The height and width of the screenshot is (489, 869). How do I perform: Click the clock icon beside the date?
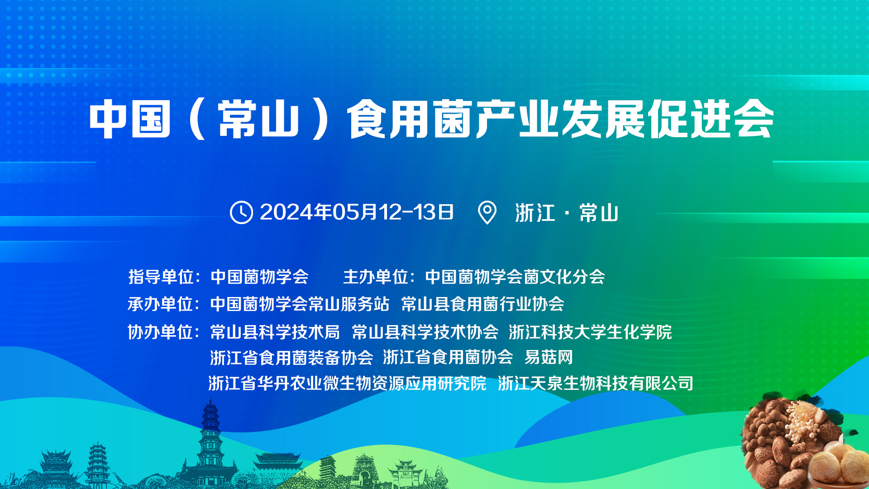point(241,212)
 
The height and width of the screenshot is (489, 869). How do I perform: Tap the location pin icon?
point(487,212)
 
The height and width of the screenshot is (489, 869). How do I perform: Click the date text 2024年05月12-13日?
point(357,212)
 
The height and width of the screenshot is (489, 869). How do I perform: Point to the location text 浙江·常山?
point(567,213)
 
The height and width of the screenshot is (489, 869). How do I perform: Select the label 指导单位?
point(161,277)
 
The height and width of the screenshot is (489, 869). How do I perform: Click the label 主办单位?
point(376,277)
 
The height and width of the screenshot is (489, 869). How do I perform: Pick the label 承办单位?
point(161,304)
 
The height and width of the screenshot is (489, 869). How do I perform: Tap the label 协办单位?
point(161,332)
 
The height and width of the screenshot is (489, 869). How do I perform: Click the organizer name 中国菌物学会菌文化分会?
point(515,277)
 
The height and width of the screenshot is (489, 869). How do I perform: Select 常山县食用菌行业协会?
point(482,304)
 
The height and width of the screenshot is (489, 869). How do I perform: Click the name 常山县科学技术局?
point(275,332)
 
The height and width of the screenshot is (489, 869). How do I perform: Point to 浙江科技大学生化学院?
point(590,332)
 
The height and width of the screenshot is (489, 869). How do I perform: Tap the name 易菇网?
point(549,357)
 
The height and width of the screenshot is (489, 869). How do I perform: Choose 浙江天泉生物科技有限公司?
point(596,383)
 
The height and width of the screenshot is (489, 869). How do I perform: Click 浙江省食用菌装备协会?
point(291,357)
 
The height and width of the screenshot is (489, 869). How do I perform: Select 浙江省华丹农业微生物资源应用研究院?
point(347,383)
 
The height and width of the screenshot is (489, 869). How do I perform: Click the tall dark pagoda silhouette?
point(210,444)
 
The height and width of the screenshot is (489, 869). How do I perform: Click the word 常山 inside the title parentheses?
point(258,119)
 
